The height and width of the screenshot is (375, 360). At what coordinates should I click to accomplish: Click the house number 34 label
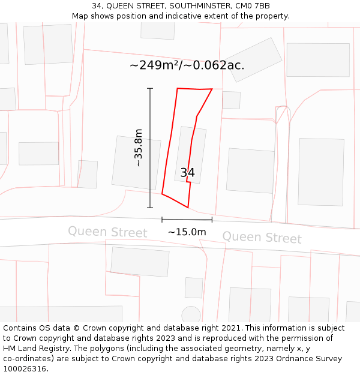click(x=187, y=173)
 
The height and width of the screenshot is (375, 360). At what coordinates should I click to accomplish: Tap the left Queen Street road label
click(x=107, y=232)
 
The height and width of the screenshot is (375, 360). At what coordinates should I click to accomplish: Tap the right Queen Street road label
click(x=262, y=237)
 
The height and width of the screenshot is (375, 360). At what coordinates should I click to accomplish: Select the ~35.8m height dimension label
click(x=139, y=148)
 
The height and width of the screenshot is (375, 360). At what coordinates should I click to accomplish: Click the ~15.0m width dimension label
click(x=187, y=232)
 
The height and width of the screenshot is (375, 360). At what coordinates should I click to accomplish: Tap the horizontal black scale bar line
click(x=187, y=220)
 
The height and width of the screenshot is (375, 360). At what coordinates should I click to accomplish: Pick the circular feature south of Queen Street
click(x=191, y=314)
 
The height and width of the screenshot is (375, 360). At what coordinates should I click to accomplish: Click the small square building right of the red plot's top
click(x=231, y=100)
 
